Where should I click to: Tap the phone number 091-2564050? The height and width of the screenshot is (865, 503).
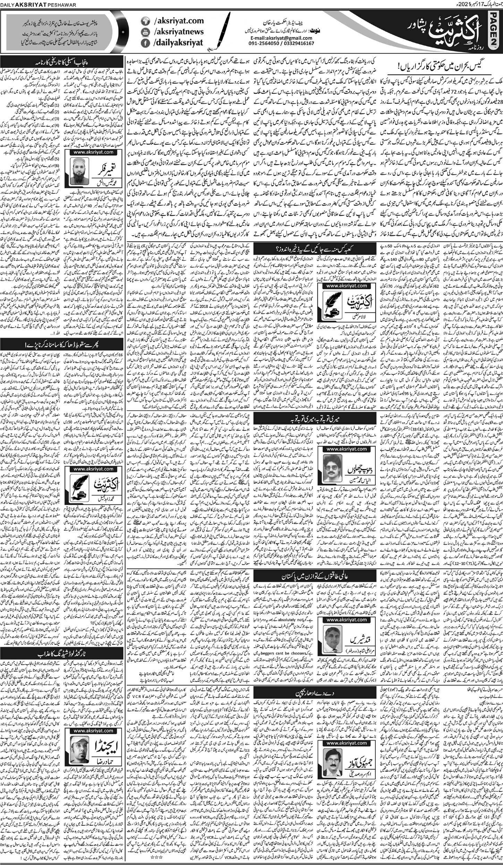pyautogui.click(x=261, y=43)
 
